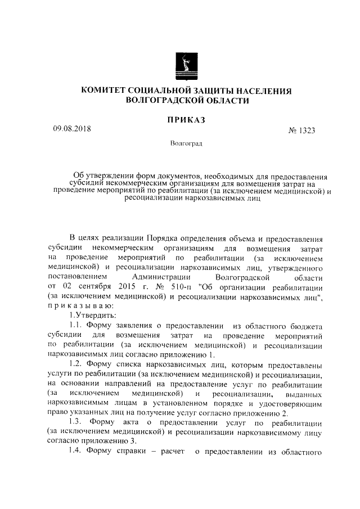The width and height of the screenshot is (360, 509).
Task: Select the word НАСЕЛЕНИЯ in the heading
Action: (x=262, y=91)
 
